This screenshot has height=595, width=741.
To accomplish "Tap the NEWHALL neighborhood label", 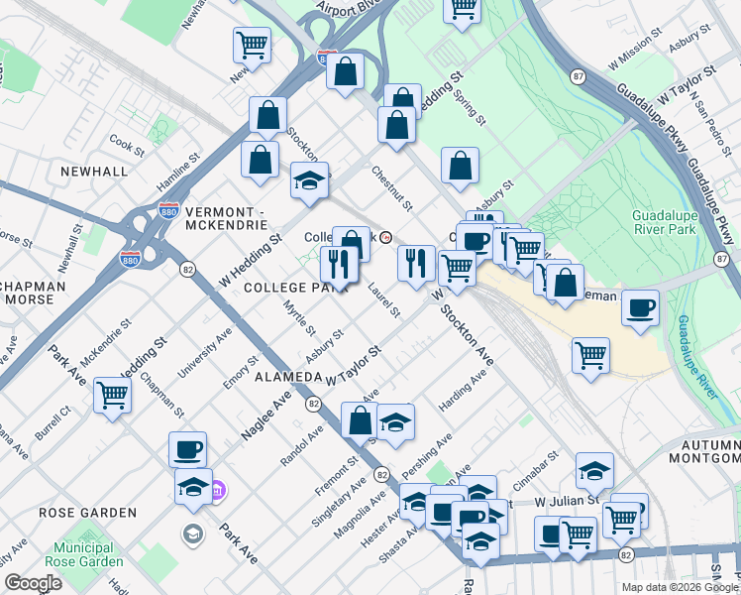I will click(x=94, y=171).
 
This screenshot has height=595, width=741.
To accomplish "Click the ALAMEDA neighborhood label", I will click(x=288, y=378).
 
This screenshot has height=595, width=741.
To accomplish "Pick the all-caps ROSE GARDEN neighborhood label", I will click(x=87, y=513).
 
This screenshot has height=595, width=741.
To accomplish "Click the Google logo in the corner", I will click(x=34, y=583).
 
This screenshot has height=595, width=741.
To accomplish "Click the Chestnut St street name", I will click(x=391, y=187).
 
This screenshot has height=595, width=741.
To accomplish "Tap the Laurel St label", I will click(x=382, y=300).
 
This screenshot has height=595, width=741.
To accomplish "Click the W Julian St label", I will click(x=566, y=502).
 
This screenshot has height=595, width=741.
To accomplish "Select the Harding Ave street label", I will click(x=464, y=394).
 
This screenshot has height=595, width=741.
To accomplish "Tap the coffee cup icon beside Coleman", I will click(x=641, y=307).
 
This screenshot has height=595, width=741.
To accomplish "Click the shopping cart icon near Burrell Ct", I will click(x=112, y=395).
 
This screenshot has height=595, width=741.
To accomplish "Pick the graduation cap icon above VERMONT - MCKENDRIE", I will click(x=309, y=180).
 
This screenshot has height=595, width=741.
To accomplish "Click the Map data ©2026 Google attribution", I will click(x=679, y=587).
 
